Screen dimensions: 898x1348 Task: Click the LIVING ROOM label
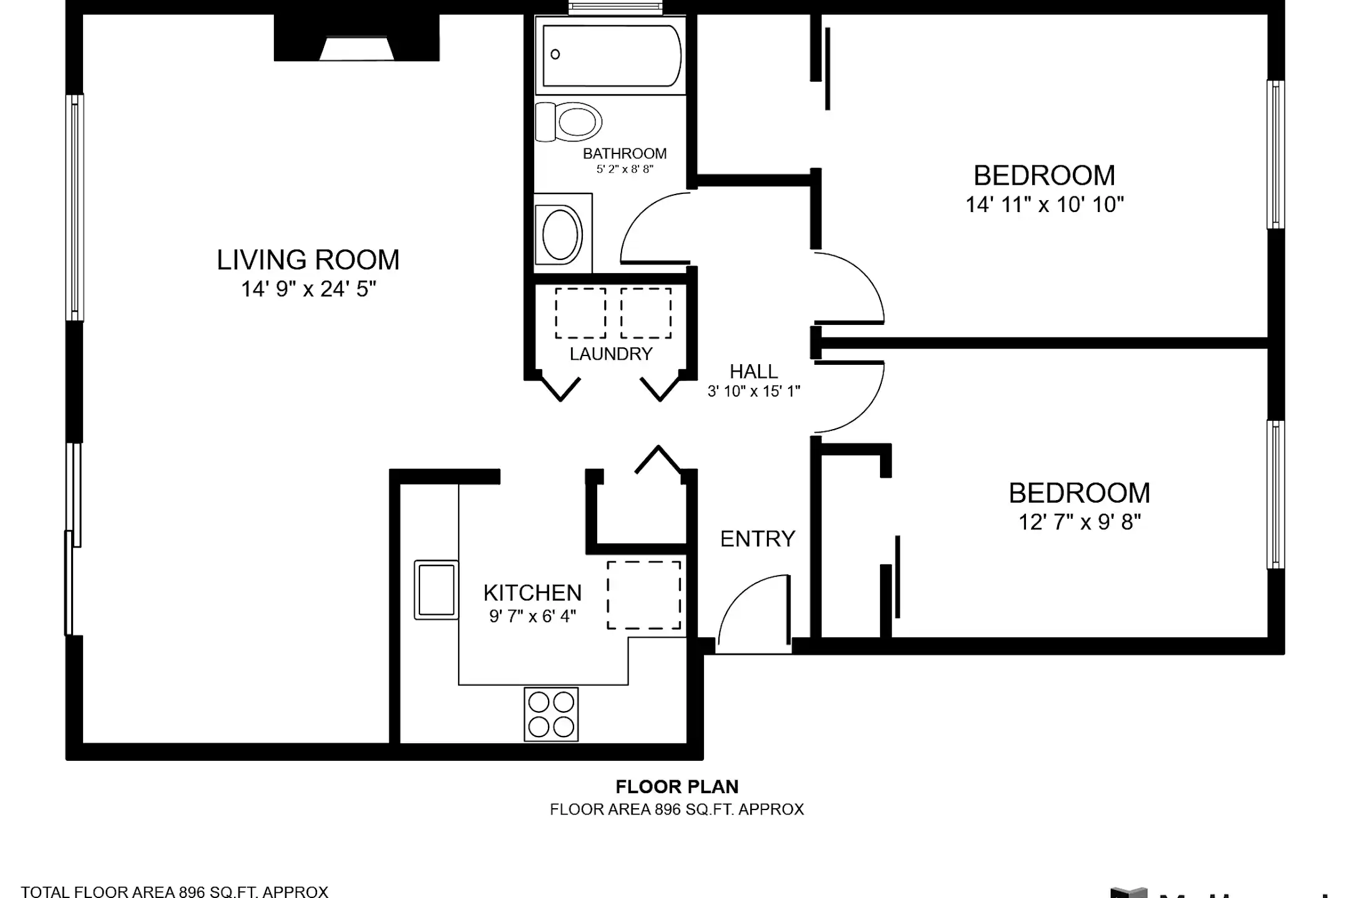(x=308, y=260)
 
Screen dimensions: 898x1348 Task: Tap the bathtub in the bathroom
(x=611, y=56)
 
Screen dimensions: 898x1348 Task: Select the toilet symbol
(x=569, y=122)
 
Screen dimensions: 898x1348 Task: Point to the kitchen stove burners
(x=551, y=714)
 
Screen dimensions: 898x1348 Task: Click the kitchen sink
(x=436, y=590)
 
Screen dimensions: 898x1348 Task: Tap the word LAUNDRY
(x=610, y=354)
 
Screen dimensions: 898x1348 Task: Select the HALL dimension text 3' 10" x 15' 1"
(x=753, y=392)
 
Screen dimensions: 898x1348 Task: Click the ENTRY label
(x=757, y=539)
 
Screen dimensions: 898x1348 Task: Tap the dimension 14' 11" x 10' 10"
(x=1044, y=205)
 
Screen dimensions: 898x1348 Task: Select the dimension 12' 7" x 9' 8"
(x=1079, y=522)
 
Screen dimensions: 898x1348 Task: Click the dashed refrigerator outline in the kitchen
(x=643, y=595)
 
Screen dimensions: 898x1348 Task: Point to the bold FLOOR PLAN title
(x=676, y=786)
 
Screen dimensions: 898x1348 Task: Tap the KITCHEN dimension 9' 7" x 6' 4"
(x=532, y=616)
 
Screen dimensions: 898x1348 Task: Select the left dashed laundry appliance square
(x=580, y=313)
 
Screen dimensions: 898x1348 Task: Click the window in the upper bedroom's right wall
(x=1275, y=155)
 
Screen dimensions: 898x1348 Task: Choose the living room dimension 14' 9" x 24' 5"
(x=308, y=289)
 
